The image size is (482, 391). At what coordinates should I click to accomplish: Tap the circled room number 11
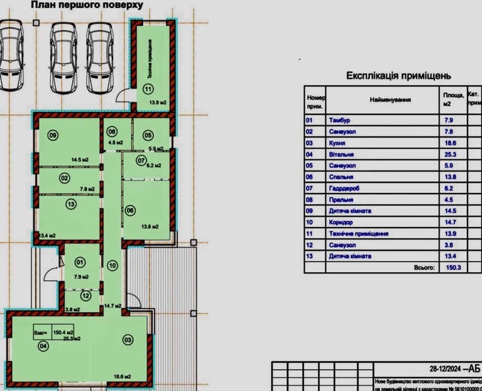(x=147, y=88)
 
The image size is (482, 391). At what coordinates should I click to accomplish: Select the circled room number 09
(x=53, y=135)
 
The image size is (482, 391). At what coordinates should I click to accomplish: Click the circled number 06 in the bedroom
(x=130, y=210)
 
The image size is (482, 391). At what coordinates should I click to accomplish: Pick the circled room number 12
(x=85, y=295)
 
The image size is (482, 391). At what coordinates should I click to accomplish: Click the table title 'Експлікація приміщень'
(x=398, y=76)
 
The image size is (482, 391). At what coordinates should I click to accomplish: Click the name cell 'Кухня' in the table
(x=339, y=143)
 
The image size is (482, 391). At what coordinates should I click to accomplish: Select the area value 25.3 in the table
(x=448, y=154)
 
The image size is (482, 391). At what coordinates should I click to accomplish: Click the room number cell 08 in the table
(x=309, y=200)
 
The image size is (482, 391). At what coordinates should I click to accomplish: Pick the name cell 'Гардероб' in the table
(x=344, y=189)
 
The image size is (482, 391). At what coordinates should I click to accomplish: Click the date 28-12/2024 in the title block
(x=446, y=369)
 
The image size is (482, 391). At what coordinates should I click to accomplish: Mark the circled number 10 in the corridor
(x=112, y=265)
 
